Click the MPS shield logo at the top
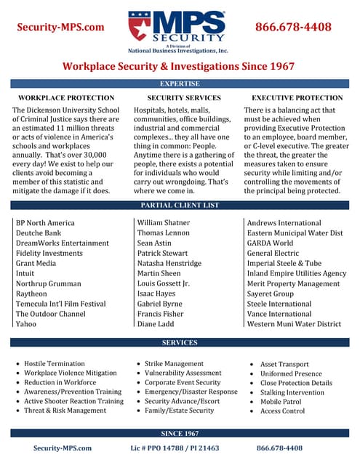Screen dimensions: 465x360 pyautogui.click(x=142, y=25)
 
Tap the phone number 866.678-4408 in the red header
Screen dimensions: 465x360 pyautogui.click(x=293, y=28)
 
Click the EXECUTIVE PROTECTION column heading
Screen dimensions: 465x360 pyautogui.click(x=297, y=97)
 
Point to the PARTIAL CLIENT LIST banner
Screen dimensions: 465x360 pyautogui.click(x=180, y=206)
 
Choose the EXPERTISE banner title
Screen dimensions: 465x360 pyautogui.click(x=180, y=84)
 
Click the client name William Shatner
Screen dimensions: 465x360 pyautogui.click(x=167, y=223)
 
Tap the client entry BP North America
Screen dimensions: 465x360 pyautogui.click(x=45, y=223)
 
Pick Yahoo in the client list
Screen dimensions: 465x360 pyautogui.click(x=26, y=324)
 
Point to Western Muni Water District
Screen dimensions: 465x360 pyautogui.click(x=294, y=324)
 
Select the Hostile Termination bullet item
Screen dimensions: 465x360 pyautogui.click(x=55, y=363)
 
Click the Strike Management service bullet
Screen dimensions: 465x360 pyautogui.click(x=174, y=363)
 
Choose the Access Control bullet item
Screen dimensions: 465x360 pyautogui.click(x=283, y=411)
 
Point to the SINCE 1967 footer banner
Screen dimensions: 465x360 pyautogui.click(x=180, y=433)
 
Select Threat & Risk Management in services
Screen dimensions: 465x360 pyautogui.click(x=65, y=411)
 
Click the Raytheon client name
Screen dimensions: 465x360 pyautogui.click(x=31, y=294)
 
